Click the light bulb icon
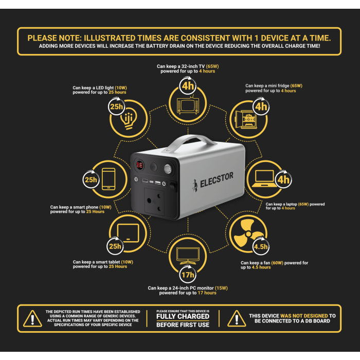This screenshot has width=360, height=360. click(x=129, y=118)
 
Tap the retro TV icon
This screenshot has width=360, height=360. click(x=188, y=105)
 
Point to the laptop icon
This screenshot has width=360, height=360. click(x=264, y=178)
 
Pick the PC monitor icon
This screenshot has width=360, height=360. click(x=188, y=256)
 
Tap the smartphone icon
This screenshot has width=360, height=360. click(x=109, y=179)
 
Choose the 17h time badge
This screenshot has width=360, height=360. click(x=188, y=274)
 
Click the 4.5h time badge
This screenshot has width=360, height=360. click(x=261, y=246)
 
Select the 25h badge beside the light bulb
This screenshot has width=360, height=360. click(x=117, y=106)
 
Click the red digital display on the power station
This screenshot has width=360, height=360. click(x=139, y=165)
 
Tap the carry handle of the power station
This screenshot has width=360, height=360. click(x=188, y=142)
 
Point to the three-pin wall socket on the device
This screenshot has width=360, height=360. click(x=154, y=202)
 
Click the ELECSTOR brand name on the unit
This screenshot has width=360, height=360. click(x=217, y=180)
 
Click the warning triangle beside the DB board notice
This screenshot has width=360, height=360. click(x=237, y=318)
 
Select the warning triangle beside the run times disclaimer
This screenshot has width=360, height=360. click(x=32, y=318)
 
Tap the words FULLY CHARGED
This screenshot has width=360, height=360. click(x=183, y=316)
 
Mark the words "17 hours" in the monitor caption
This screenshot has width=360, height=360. click(x=207, y=293)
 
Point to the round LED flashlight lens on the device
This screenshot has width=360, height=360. click(x=168, y=169)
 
